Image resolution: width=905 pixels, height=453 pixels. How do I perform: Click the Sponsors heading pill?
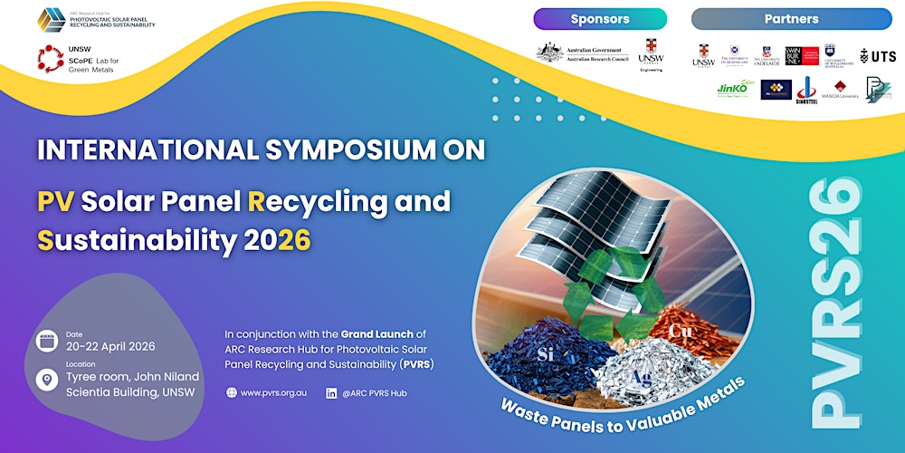click(600, 19)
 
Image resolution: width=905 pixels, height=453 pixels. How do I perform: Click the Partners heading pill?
click(791, 19)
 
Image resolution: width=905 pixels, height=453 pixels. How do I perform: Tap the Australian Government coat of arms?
click(549, 53)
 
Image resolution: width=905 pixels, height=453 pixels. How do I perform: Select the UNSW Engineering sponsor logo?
click(650, 54)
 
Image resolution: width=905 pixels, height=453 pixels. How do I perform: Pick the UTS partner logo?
click(877, 55)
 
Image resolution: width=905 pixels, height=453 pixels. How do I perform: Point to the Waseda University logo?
click(840, 89)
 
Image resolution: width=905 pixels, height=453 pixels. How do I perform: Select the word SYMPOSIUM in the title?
click(343, 150)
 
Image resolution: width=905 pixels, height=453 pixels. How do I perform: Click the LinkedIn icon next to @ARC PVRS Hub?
click(331, 392)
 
